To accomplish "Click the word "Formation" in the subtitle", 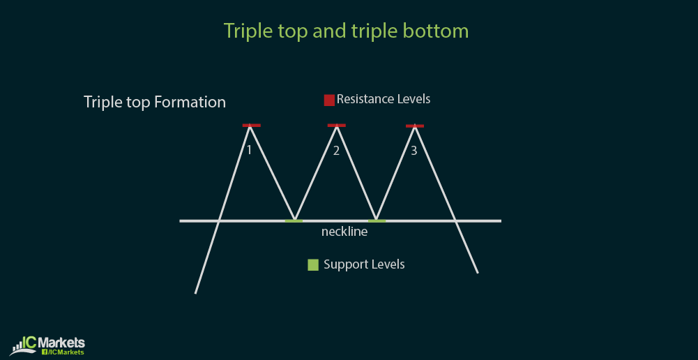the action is pos(190,102).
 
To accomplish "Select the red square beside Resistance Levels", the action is pos(329,100).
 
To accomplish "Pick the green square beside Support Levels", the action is pos(313,265).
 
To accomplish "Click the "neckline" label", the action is pos(344,232).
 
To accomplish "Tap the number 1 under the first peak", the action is pos(250,151).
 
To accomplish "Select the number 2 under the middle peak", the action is pos(336,151).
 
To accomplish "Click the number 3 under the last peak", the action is pos(414,151).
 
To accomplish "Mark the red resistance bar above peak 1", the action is pos(252,126).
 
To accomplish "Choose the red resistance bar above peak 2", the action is pos(337,126).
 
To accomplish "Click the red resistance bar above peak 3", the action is pos(415,126).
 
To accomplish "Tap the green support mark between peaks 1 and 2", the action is pos(294,220).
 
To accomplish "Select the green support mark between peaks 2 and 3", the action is pos(377,220).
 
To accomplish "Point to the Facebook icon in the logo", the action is pos(45,352).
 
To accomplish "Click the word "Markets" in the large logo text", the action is pos(61,343).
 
